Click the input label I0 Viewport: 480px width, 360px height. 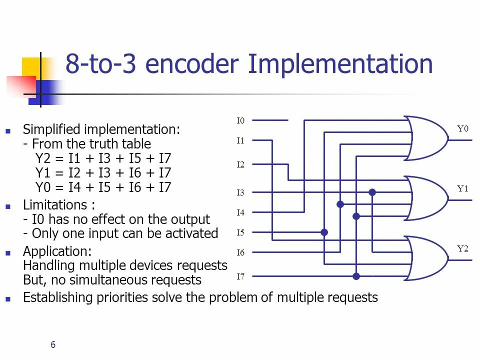point(240,120)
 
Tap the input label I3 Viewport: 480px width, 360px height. point(240,192)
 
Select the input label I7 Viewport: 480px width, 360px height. point(240,276)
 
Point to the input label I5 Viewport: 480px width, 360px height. point(240,232)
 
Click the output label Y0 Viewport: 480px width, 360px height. point(463,128)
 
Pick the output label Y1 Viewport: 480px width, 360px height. point(463,188)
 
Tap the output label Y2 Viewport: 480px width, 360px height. point(463,248)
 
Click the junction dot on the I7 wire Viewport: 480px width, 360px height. point(356,276)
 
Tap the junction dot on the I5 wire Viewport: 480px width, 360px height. point(324,232)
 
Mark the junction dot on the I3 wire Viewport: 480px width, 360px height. point(372,192)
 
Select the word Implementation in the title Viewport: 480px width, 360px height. point(340,65)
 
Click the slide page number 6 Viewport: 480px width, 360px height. point(53,344)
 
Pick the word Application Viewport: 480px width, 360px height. point(56,251)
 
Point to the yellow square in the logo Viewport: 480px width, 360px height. point(31,67)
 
